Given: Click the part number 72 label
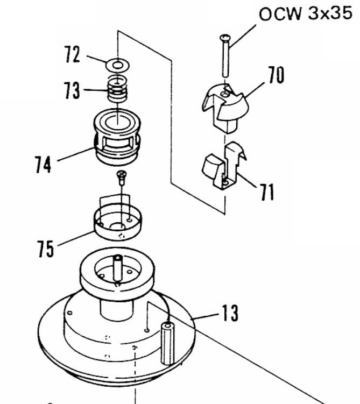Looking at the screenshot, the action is pos(72,54).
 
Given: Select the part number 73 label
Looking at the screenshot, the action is pos(72,90).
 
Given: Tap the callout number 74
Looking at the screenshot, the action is pos(43,165).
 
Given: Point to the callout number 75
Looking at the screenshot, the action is pos(46,249).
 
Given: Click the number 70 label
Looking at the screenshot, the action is pos(276,75).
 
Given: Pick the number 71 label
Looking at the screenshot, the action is pos(267,192).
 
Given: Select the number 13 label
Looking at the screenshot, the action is pos(230,313).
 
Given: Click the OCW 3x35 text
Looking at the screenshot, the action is pos(305,13).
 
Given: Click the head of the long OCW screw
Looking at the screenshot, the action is pos(225,38).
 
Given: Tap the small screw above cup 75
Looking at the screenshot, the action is pos(122,178).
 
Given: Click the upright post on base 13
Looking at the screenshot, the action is pos(167,343).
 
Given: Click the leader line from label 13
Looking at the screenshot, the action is pos(205,317).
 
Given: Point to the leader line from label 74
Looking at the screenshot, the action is pos(76,154).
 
